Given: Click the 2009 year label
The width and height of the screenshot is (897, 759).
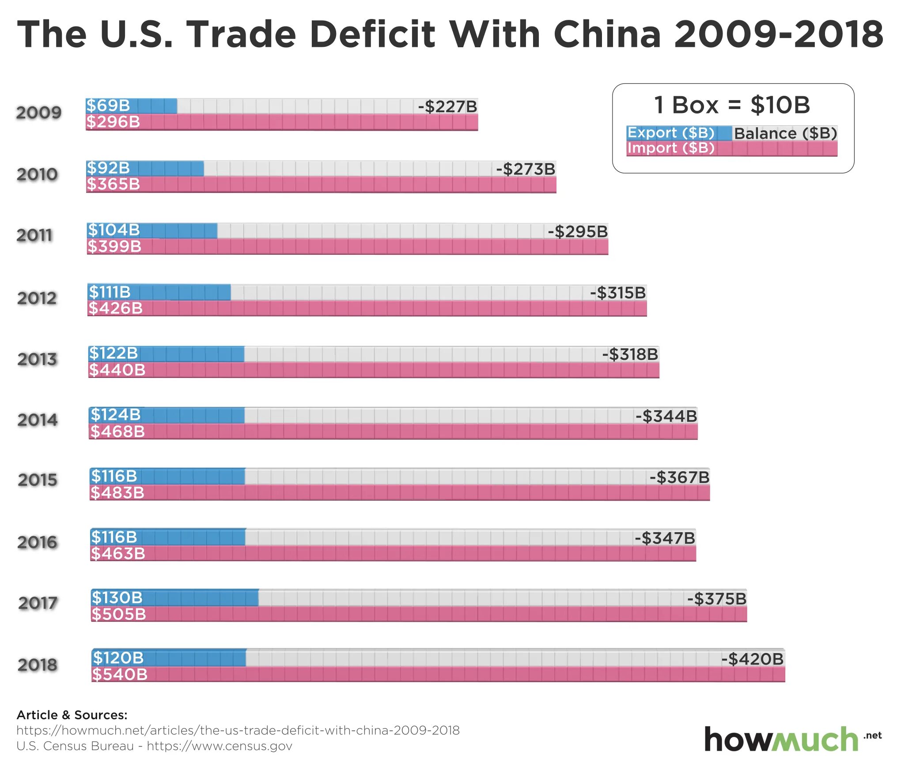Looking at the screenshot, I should coord(39,113).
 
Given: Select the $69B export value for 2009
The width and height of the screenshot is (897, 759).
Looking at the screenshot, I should coord(108,106).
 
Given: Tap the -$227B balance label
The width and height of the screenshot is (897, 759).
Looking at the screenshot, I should coord(447,106).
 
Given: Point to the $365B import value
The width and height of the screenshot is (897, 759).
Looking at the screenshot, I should coord(114,184).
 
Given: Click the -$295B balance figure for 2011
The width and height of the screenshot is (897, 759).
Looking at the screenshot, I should coord(578,231).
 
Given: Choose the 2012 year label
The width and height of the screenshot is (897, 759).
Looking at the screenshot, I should coord(37,298).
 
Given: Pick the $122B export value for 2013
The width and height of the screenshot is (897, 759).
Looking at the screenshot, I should coord(114,353).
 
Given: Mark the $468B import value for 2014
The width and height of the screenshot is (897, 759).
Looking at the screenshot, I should coord(117,431).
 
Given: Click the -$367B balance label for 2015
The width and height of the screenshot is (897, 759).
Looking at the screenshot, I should coord(679,477).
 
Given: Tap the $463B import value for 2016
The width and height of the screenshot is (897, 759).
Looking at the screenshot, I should coord(118,553).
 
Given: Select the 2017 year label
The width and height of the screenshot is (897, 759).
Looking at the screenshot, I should coord(38,603).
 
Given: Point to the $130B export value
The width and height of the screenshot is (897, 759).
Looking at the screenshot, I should coord(117,597).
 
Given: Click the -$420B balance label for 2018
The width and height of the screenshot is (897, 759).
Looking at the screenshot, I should coord(752,659).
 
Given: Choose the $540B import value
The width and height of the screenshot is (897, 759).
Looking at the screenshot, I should coord(120,674).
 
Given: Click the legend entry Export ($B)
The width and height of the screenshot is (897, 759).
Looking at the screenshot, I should coord(670,132).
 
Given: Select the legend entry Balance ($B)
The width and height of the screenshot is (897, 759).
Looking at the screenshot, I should coord(785,133).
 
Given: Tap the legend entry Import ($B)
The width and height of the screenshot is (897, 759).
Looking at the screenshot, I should coord(670,148).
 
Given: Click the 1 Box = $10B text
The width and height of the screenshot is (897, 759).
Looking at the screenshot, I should coord(732,105).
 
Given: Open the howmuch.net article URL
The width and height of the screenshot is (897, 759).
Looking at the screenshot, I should coord(238,730).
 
